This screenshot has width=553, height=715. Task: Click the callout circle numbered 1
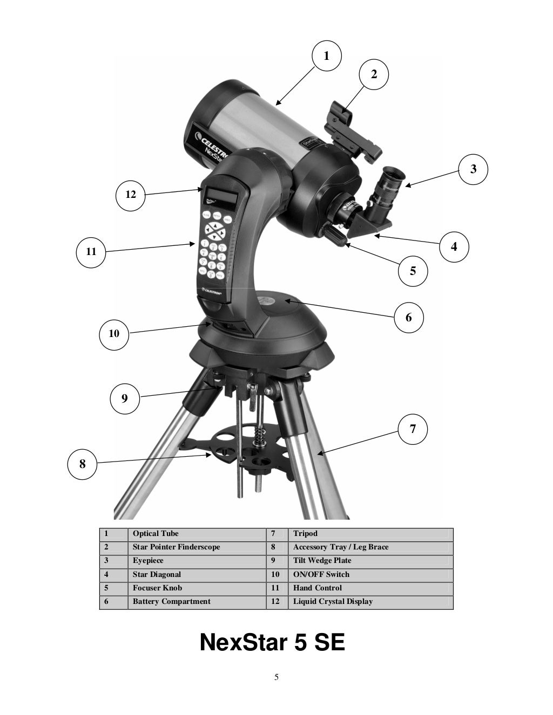(x=326, y=56)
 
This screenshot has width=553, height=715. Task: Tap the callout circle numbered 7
(x=413, y=429)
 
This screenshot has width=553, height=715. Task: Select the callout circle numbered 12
(x=131, y=194)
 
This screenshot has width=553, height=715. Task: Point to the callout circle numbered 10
(x=114, y=334)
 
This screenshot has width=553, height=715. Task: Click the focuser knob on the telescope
(x=335, y=236)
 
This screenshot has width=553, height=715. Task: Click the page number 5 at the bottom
(x=276, y=677)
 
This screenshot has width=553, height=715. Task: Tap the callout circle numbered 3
(x=474, y=169)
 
